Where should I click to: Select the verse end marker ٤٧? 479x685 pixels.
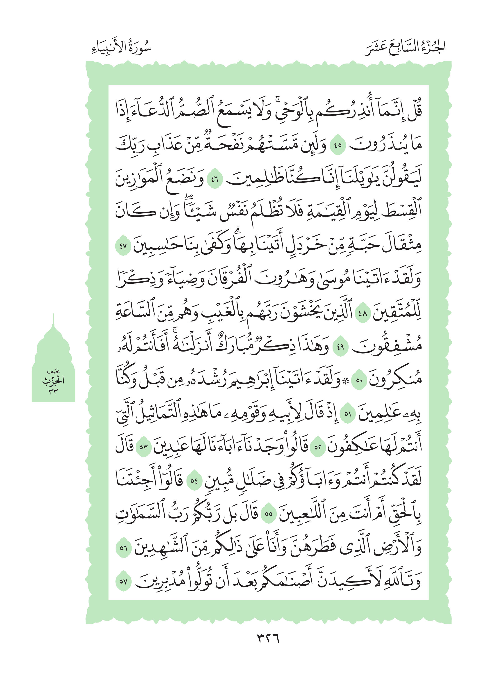(123, 247)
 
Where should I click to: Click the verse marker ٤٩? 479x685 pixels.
(340, 347)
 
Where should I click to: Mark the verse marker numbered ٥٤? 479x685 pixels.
(194, 481)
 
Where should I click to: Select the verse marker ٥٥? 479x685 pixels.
(268, 514)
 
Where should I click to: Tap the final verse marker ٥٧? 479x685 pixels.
(123, 581)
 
